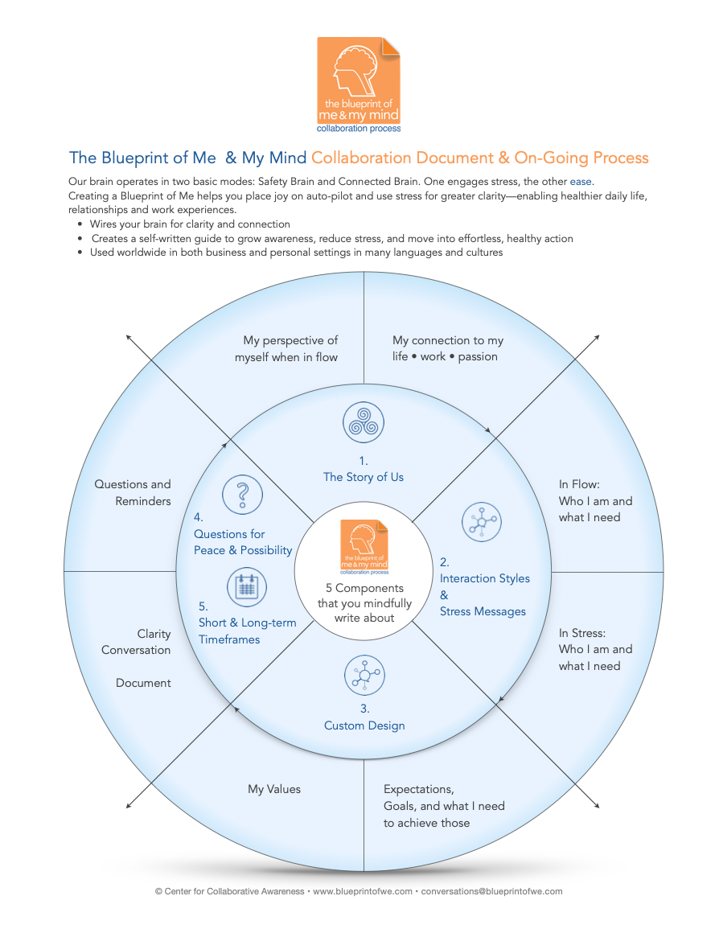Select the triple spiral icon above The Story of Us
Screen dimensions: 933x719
(364, 423)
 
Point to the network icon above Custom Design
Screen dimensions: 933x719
(364, 675)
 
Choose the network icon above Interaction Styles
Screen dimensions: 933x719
(482, 523)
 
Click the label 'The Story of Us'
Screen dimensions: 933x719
(364, 477)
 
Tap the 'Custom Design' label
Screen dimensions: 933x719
(364, 725)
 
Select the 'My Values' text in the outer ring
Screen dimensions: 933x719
(274, 790)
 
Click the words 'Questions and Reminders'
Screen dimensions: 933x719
(133, 492)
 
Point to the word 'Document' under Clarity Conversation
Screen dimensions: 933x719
(143, 683)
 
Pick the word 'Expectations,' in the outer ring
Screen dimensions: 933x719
(419, 789)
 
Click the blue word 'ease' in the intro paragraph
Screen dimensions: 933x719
(581, 182)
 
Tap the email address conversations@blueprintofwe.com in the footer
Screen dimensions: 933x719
(491, 891)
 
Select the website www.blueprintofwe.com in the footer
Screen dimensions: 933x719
(362, 891)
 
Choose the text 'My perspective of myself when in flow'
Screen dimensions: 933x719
(286, 348)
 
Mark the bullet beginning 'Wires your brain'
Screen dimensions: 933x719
(190, 224)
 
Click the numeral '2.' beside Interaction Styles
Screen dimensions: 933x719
(445, 561)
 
